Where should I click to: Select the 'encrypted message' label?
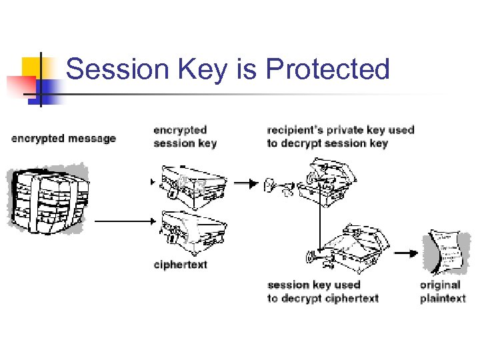[63, 139]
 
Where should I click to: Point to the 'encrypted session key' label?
[185, 137]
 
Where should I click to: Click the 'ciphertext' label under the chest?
[180, 265]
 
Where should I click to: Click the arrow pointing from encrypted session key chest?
[247, 183]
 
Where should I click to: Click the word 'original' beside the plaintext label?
[440, 285]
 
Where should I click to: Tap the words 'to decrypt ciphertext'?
[323, 298]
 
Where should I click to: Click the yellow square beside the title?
[35, 67]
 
